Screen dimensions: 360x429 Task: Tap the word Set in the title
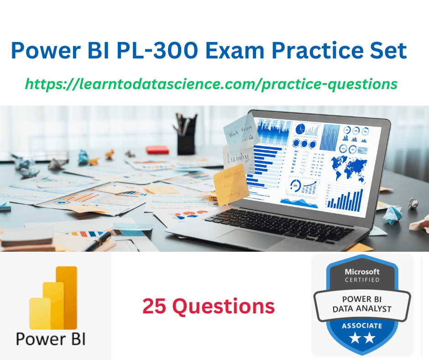click(x=387, y=51)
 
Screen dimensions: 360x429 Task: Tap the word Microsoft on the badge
click(x=362, y=271)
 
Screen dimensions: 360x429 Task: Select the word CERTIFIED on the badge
click(x=362, y=280)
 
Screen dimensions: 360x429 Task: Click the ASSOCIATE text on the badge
click(x=362, y=326)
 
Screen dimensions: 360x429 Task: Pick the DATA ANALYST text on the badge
click(x=362, y=309)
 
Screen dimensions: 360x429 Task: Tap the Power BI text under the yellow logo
click(x=51, y=339)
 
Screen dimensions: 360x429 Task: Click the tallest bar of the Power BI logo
click(x=67, y=297)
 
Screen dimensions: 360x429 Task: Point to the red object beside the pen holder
click(x=157, y=149)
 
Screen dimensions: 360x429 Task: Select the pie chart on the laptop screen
click(x=300, y=129)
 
